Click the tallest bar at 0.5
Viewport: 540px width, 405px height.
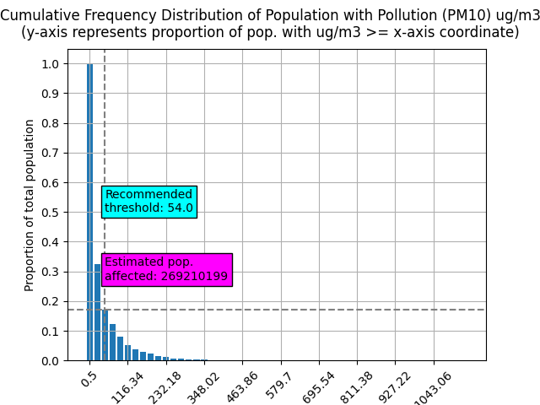point(89,211)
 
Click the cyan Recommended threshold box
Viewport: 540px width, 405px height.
point(148,202)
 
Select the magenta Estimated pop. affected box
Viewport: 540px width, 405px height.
point(166,269)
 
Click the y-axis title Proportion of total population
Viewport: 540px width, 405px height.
point(30,205)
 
